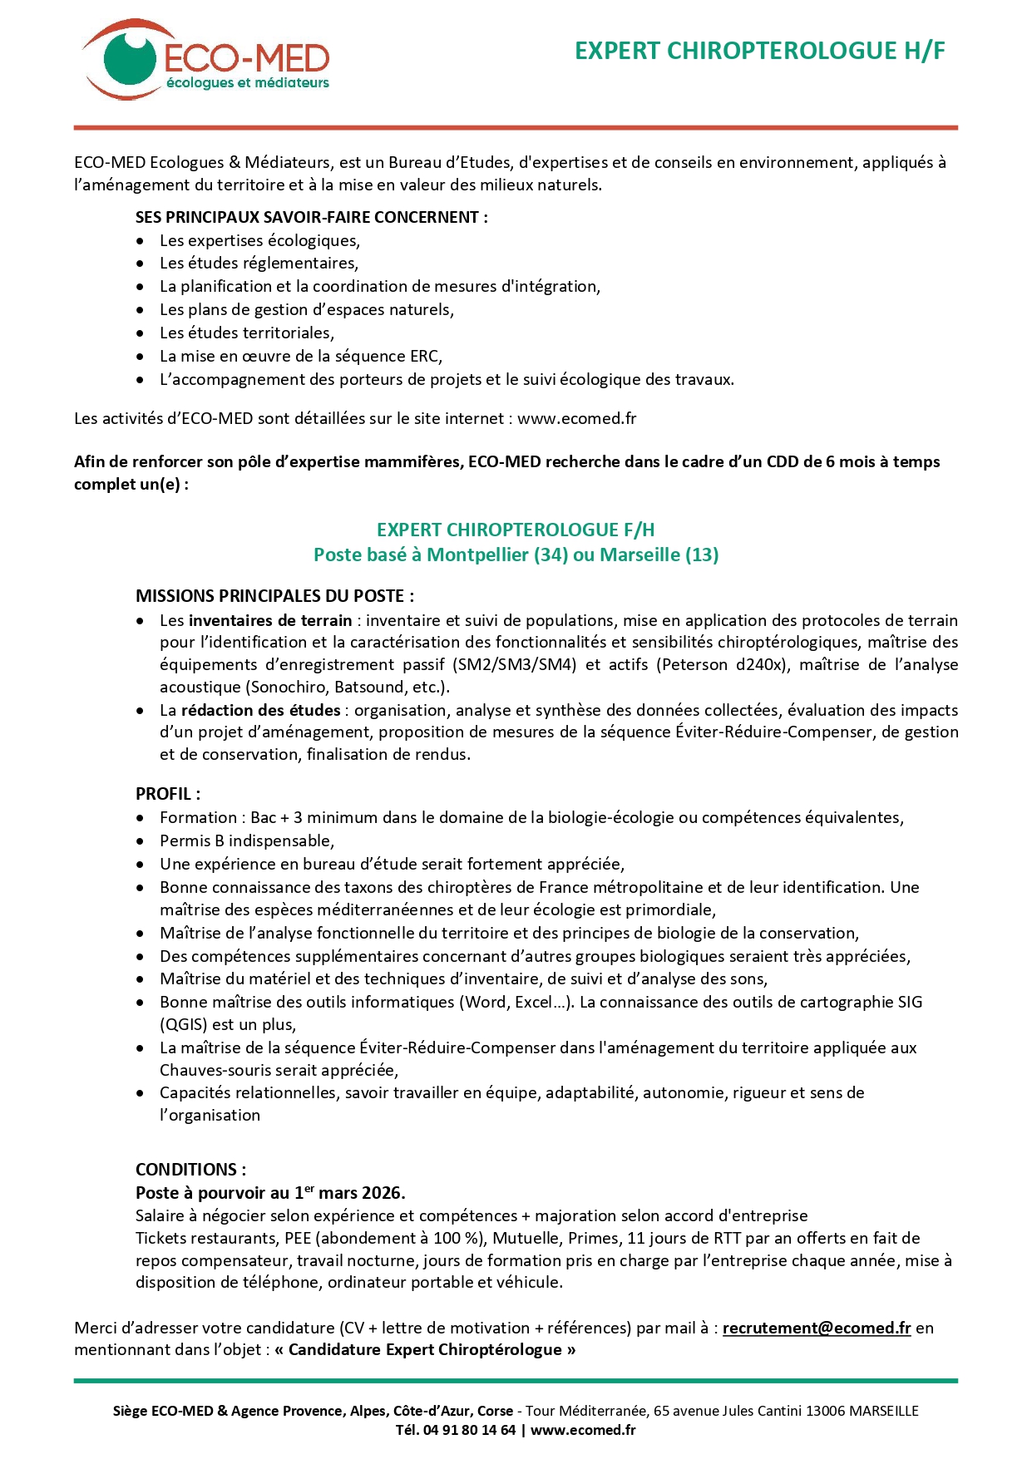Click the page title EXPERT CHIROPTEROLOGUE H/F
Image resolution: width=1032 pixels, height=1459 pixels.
click(x=760, y=51)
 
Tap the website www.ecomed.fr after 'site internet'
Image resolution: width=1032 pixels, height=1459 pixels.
click(x=576, y=418)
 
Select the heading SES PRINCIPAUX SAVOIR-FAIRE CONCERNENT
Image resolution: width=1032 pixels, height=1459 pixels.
click(x=311, y=217)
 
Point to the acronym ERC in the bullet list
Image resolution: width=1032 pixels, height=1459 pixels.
click(x=424, y=356)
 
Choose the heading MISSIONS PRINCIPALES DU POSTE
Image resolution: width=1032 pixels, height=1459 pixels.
click(x=274, y=595)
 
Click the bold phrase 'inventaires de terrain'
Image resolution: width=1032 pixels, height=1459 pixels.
click(x=270, y=620)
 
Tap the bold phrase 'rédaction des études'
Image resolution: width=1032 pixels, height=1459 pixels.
click(x=261, y=710)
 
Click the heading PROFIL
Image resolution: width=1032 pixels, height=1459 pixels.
click(x=167, y=793)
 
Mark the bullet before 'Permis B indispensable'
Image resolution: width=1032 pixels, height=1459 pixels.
click(x=141, y=841)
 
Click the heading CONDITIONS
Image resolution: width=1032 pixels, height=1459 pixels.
click(x=190, y=1169)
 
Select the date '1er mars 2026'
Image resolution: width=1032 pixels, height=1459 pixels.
click(x=349, y=1193)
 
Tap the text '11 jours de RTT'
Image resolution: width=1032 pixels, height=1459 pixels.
click(x=682, y=1238)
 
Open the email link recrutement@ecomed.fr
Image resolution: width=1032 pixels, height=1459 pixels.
click(x=817, y=1328)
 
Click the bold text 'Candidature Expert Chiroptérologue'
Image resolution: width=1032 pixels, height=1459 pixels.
click(x=425, y=1349)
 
